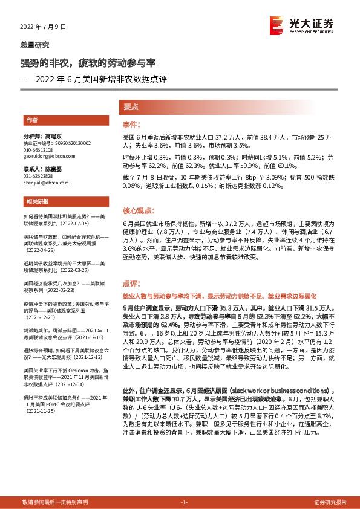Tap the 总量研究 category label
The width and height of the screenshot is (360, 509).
tap(34, 45)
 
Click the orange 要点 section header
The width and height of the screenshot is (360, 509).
tap(131, 107)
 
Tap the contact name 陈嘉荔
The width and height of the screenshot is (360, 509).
tap(62, 169)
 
